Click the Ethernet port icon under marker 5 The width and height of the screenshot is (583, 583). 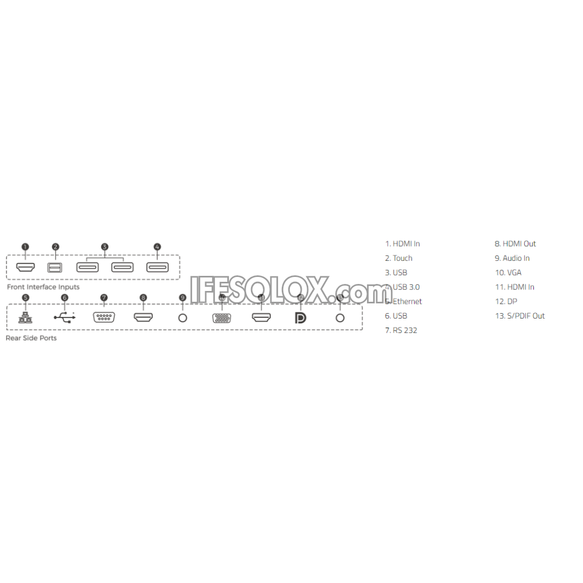tap(25, 317)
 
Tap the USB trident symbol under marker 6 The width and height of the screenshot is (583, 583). tap(65, 317)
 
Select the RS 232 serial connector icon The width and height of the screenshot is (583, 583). tap(104, 317)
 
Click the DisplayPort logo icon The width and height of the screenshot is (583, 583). tap(301, 318)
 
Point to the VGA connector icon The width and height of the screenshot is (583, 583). tap(222, 318)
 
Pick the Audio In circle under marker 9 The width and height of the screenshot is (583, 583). tap(182, 318)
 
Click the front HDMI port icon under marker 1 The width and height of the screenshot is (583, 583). tap(25, 267)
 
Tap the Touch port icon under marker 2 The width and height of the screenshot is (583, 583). tap(55, 267)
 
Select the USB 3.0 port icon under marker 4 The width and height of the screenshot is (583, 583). tap(157, 267)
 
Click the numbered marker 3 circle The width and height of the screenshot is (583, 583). tap(105, 247)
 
